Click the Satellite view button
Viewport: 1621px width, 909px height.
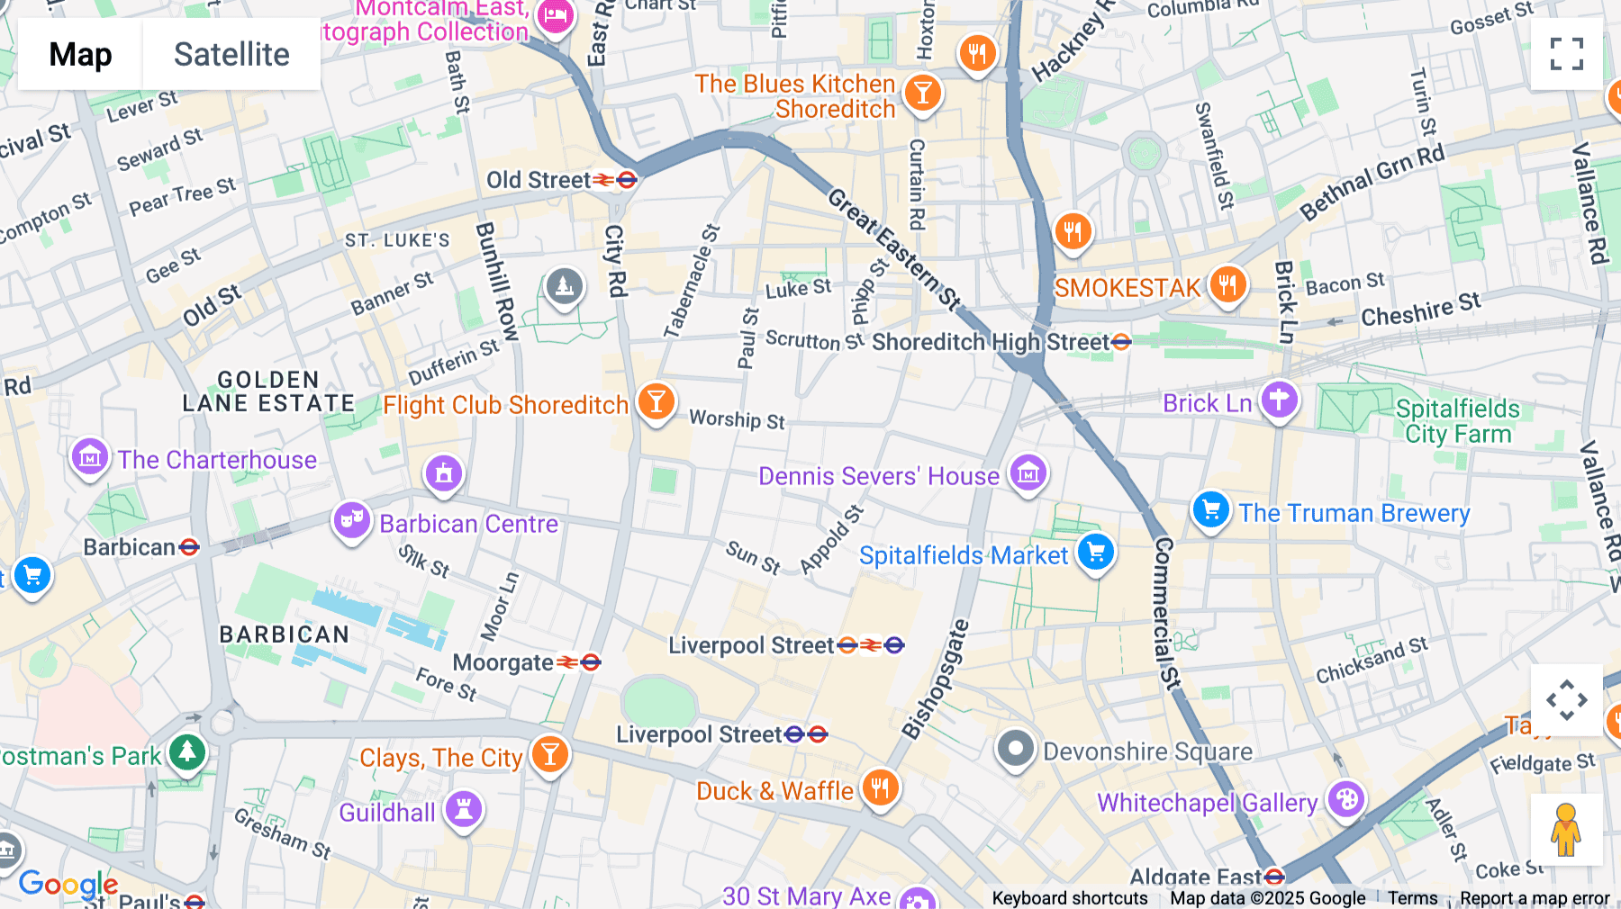231,54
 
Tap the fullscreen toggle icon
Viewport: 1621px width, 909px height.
1566,54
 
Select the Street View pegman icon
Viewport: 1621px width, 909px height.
1566,830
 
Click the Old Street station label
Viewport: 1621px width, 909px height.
539,180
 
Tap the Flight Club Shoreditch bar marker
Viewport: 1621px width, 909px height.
657,400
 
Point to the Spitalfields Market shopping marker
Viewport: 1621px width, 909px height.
1096,552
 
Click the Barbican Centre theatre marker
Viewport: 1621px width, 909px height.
352,520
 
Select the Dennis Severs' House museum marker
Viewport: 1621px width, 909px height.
1028,472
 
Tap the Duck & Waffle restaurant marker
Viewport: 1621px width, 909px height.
880,787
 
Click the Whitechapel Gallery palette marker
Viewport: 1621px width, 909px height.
1346,798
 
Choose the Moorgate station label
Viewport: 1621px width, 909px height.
503,663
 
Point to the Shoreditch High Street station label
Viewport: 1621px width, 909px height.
991,342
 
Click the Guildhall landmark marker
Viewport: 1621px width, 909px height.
464,808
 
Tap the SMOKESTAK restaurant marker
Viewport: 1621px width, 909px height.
1227,284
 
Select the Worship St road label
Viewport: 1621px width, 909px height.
737,419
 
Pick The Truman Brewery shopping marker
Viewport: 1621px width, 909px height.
1211,509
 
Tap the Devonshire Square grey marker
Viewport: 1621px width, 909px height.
1016,748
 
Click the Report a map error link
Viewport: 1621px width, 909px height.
1535,898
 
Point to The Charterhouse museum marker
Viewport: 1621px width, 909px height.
90,457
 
